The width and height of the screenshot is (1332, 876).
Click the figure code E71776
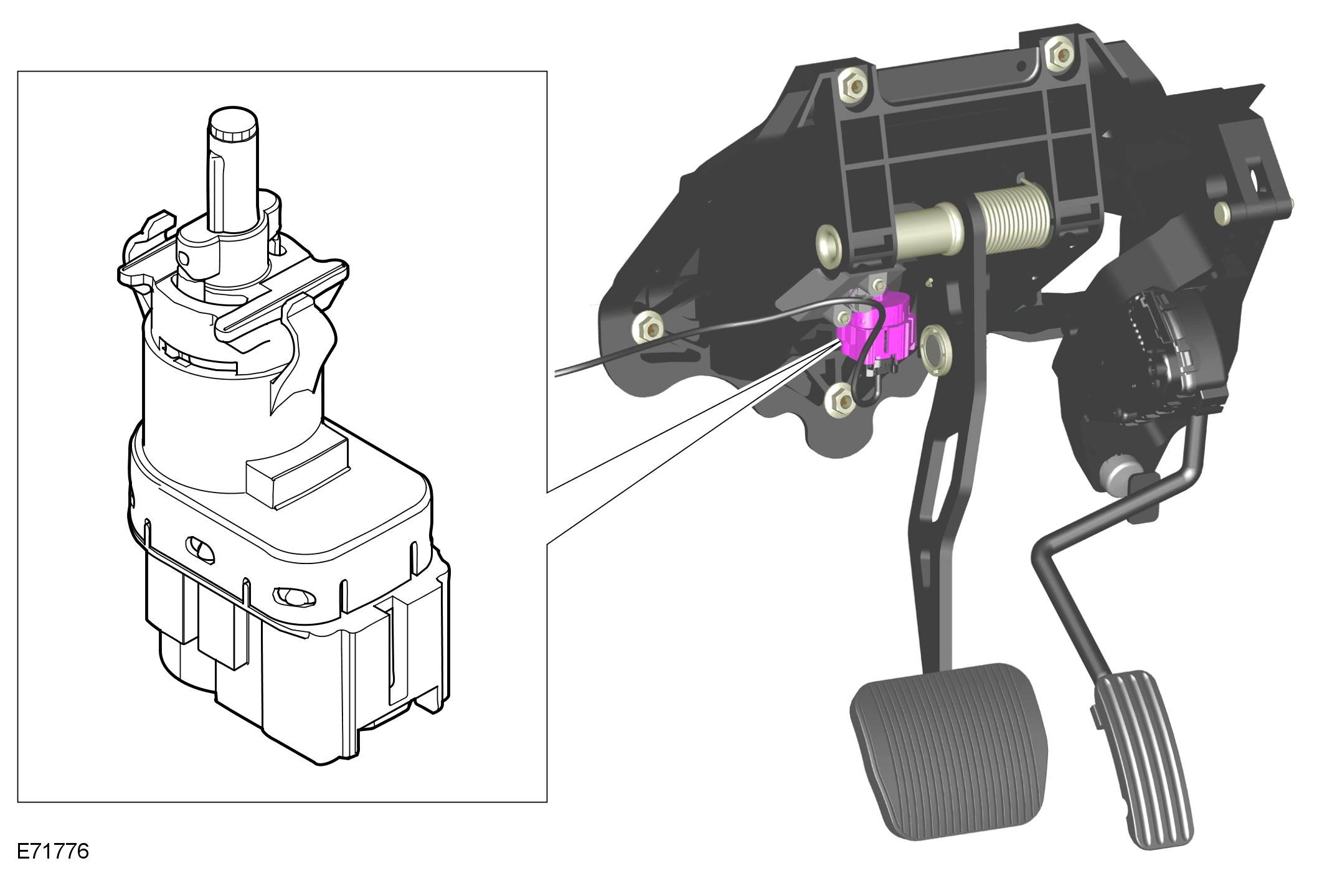(x=53, y=851)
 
